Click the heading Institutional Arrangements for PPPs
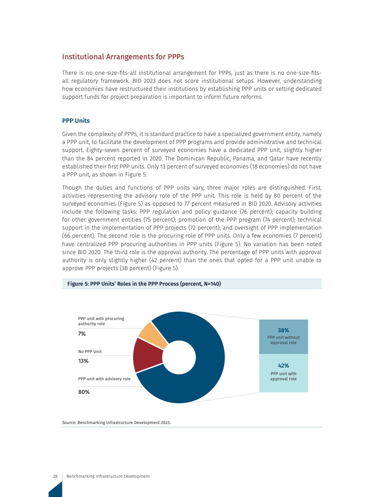coord(123,57)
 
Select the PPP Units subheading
coord(76,120)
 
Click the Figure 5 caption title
coord(144,284)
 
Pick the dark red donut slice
coord(144,355)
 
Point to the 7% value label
coord(82,334)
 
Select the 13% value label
coord(83,361)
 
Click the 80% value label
coord(84,392)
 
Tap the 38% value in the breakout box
coord(283,330)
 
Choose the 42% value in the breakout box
coord(283,365)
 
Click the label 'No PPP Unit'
coord(90,352)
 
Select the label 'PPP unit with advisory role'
coord(104,378)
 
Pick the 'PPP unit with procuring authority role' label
coord(101,321)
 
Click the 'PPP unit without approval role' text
coord(283,340)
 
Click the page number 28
coord(55,476)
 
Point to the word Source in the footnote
coord(69,423)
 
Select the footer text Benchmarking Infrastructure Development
coord(108,476)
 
